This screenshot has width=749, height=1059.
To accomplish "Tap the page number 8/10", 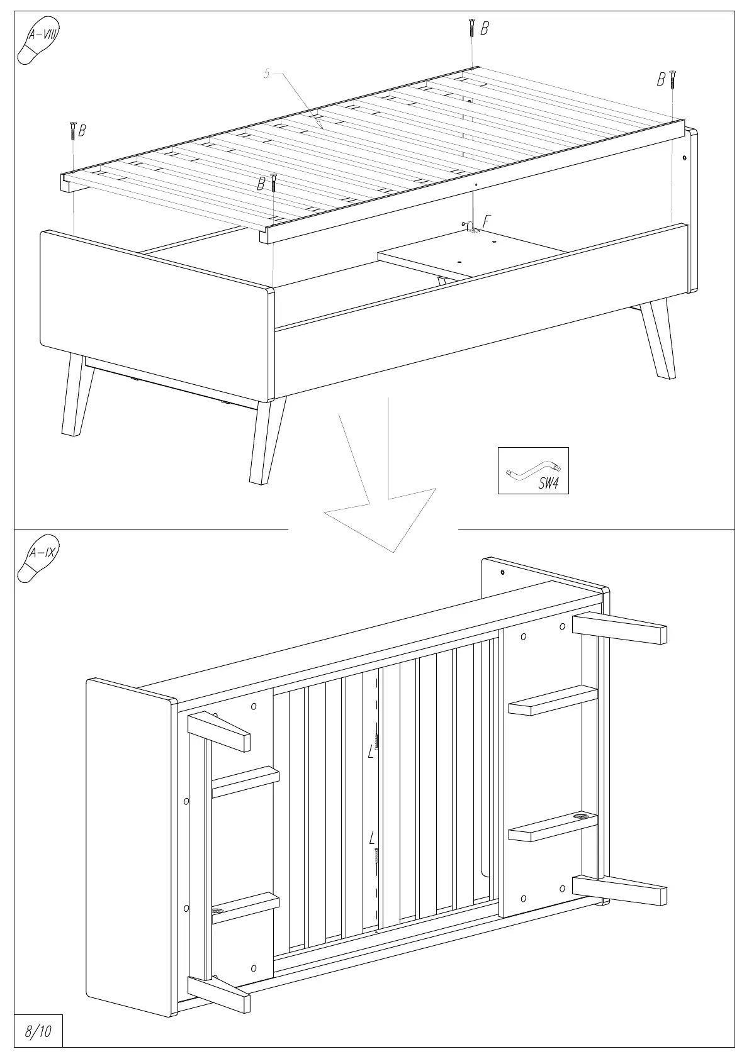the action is click(38, 1032).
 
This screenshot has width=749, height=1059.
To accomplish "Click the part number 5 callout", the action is click(266, 74).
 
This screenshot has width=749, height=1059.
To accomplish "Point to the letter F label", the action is click(486, 221).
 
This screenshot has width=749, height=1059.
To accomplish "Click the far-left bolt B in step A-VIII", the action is click(72, 131).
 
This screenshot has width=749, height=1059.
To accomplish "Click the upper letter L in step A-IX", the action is click(371, 752).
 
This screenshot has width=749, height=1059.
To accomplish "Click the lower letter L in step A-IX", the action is click(372, 838).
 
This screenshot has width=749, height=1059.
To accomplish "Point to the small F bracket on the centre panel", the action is click(471, 228).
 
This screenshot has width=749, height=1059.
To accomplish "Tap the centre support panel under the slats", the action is click(472, 252).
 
